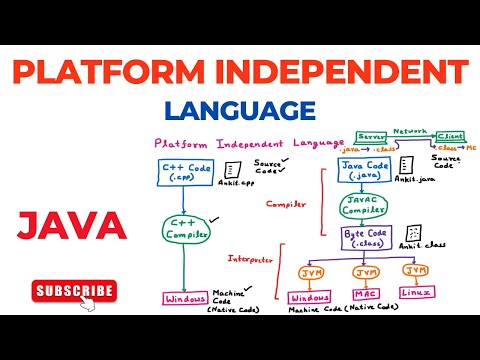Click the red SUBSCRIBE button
(x=74, y=291)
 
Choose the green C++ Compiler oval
(x=187, y=229)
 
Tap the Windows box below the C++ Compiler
(x=186, y=298)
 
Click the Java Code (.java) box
(x=364, y=170)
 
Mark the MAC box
(x=367, y=296)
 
